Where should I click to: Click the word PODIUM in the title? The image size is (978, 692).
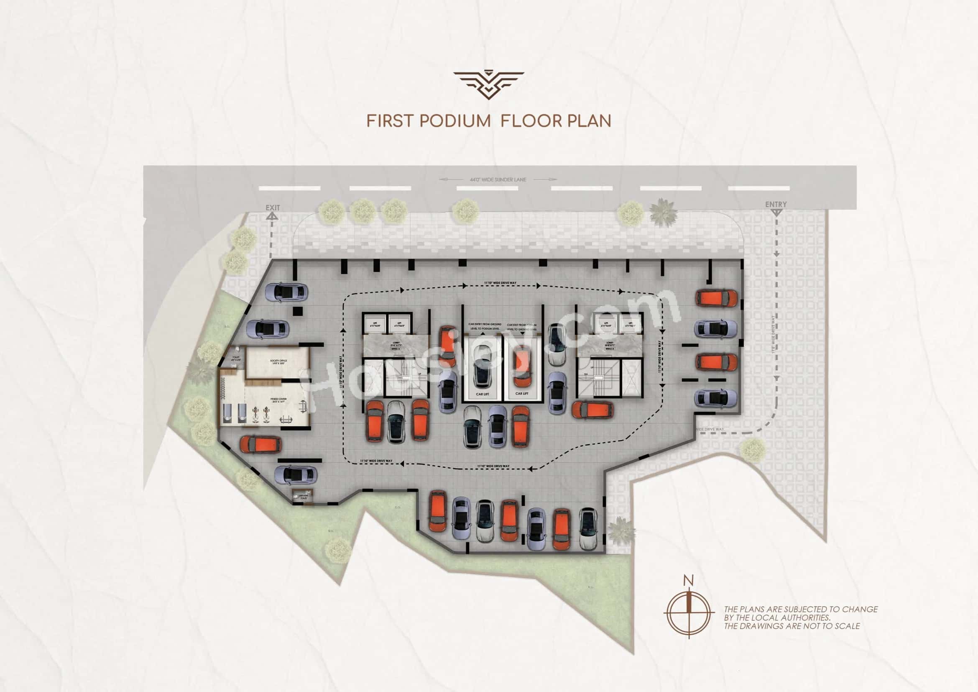coord(455,121)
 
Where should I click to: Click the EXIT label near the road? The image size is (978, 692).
coord(273,208)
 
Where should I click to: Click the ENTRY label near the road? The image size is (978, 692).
coord(776,204)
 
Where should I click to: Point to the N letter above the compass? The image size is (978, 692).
coord(688,580)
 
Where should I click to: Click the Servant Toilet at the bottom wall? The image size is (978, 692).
coord(304,497)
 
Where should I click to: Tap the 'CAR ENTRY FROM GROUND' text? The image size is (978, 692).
coord(485,324)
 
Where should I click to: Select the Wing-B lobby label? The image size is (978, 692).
coord(610,344)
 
